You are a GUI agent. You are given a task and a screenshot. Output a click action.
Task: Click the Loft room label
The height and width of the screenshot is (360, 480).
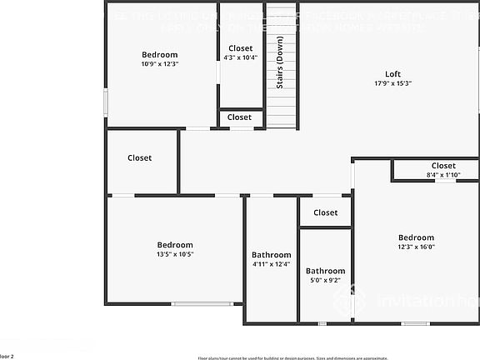click(392, 73)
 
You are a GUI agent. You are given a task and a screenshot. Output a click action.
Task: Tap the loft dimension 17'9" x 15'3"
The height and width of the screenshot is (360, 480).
click(392, 83)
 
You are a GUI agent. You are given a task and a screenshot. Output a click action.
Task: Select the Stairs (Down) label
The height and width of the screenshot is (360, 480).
click(280, 62)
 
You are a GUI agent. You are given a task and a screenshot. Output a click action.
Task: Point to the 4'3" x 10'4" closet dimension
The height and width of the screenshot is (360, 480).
click(240, 57)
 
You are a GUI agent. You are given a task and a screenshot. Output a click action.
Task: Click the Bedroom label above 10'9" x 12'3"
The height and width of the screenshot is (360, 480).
click(159, 55)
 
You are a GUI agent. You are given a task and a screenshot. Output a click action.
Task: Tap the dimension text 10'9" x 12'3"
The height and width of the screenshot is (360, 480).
click(159, 64)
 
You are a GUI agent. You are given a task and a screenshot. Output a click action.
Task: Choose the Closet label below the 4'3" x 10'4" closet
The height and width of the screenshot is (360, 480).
click(240, 117)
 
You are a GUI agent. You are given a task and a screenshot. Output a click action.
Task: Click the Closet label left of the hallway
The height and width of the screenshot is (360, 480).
click(139, 158)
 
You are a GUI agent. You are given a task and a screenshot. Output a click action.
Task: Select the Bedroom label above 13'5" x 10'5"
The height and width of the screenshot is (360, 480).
click(175, 245)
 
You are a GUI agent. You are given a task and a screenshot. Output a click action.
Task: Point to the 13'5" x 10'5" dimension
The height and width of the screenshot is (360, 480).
click(175, 254)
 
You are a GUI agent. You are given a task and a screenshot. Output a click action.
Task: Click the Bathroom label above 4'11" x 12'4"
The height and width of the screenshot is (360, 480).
click(271, 255)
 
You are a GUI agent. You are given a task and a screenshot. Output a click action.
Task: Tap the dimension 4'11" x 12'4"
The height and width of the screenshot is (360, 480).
click(271, 264)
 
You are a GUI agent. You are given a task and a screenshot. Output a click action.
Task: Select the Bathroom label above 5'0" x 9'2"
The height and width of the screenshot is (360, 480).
click(325, 271)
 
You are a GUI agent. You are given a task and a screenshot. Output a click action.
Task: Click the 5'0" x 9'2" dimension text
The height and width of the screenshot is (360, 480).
click(325, 281)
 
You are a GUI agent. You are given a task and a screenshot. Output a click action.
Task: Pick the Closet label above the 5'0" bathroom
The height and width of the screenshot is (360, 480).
click(326, 212)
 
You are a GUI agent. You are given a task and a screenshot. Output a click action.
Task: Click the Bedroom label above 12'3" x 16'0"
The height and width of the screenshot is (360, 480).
click(416, 237)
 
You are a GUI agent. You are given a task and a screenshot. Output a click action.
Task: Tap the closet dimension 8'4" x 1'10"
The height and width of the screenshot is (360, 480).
click(443, 175)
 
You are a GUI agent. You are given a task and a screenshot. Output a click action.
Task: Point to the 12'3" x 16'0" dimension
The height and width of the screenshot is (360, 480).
click(416, 247)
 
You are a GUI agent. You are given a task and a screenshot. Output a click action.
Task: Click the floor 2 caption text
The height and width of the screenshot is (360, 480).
click(7, 356)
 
